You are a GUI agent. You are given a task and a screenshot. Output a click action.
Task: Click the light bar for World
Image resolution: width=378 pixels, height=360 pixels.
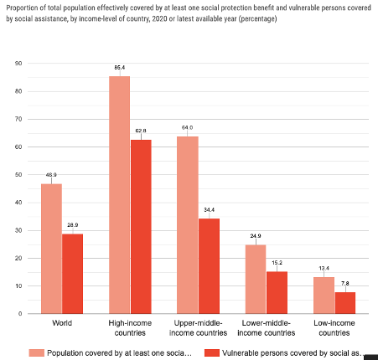[x=51, y=249]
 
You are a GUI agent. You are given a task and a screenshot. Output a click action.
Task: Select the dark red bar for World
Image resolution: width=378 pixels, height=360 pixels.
[x=73, y=274]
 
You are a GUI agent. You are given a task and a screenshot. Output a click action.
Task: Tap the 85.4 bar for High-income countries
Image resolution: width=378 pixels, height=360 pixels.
[x=119, y=195]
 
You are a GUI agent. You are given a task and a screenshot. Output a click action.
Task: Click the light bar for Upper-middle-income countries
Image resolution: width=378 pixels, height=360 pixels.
[x=187, y=224]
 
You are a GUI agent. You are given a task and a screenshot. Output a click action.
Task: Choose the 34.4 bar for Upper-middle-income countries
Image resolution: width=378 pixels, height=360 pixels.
[x=209, y=266]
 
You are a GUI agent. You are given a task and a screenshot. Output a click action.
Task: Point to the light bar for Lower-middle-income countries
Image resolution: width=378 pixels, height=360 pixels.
[x=255, y=279]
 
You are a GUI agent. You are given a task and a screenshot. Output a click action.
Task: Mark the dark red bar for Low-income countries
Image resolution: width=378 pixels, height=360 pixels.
[x=344, y=303]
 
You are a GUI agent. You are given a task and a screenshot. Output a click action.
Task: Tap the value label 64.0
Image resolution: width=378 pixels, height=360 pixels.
[x=187, y=128]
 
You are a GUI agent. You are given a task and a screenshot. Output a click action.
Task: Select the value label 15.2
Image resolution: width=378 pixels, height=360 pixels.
[x=277, y=264]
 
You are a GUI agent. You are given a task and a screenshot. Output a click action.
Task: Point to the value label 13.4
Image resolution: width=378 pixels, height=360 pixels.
[x=323, y=269]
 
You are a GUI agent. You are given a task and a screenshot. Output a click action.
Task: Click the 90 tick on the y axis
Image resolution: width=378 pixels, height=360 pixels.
[x=18, y=64]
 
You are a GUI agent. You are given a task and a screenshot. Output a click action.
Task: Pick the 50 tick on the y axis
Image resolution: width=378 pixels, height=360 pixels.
[x=18, y=175]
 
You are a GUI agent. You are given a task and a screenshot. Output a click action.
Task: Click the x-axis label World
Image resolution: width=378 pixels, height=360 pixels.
[x=62, y=322]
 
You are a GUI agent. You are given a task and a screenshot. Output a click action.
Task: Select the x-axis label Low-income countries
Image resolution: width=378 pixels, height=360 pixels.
[x=334, y=327]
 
